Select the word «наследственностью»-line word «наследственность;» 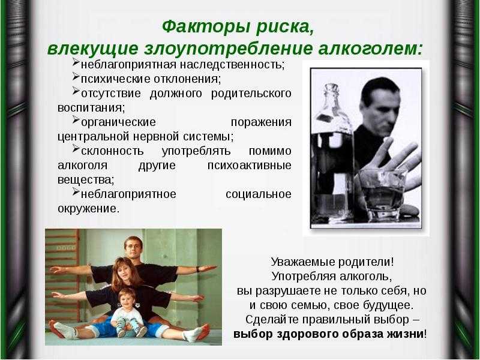pyautogui.click(x=232, y=65)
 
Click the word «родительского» pyautogui.click(x=251, y=94)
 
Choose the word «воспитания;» pyautogui.click(x=91, y=108)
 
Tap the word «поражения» pyautogui.click(x=261, y=122)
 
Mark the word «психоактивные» pyautogui.click(x=250, y=166)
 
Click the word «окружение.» pyautogui.click(x=88, y=208)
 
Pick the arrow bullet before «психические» pyautogui.click(x=76, y=77)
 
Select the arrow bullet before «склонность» pyautogui.click(x=76, y=148)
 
